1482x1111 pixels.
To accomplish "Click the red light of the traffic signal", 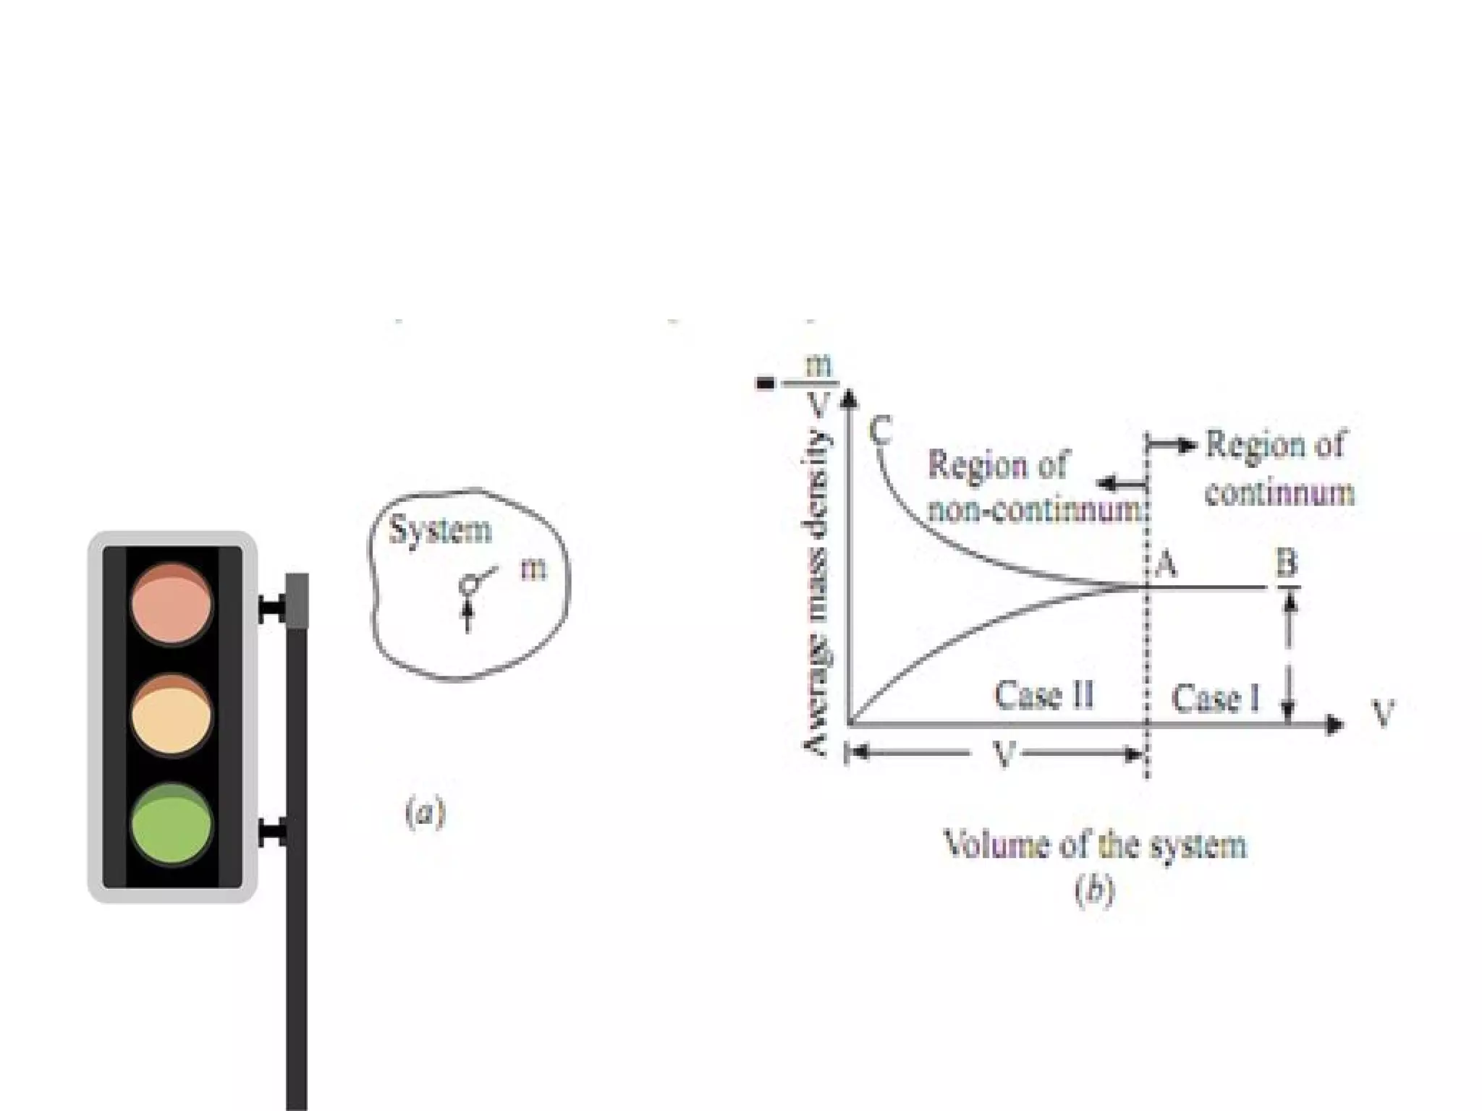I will pyautogui.click(x=172, y=604).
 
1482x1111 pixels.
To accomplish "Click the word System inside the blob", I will pyautogui.click(x=440, y=530).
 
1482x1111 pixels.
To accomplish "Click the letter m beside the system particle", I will pyautogui.click(x=533, y=569).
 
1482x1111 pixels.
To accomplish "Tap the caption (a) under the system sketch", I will pyautogui.click(x=425, y=813).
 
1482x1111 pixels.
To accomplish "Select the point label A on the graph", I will pyautogui.click(x=1165, y=563).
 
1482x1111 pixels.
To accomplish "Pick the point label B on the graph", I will pyautogui.click(x=1286, y=563).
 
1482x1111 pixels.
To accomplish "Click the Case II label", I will pyautogui.click(x=1043, y=696).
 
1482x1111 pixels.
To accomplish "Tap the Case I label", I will pyautogui.click(x=1215, y=699).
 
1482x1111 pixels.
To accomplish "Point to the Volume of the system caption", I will pyautogui.click(x=1096, y=845).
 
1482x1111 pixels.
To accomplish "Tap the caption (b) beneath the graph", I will pyautogui.click(x=1094, y=892).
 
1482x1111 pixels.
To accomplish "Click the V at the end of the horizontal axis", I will pyautogui.click(x=1383, y=715).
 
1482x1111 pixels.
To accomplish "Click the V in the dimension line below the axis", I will pyautogui.click(x=1004, y=755).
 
